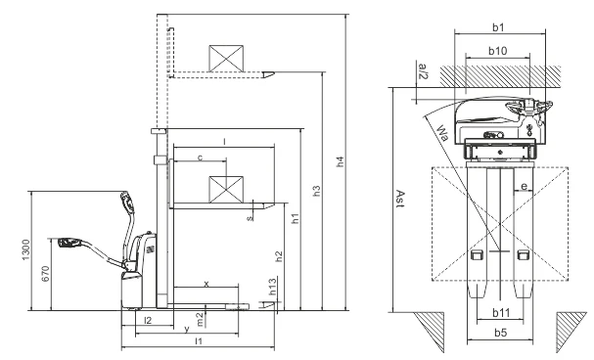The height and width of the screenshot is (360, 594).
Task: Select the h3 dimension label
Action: (x=316, y=192)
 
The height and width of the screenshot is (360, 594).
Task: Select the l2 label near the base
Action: (x=148, y=320)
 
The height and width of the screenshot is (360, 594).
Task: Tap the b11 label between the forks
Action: (x=499, y=314)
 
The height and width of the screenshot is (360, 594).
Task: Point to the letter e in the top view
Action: (x=524, y=185)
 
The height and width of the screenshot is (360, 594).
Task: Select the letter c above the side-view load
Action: (x=200, y=157)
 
